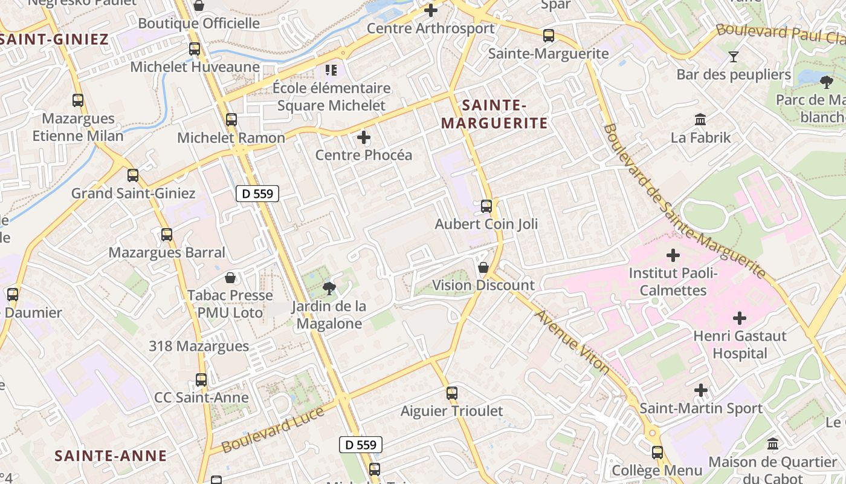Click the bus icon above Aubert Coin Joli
[486, 206]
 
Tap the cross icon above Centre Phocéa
[364, 137]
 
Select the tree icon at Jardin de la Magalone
[329, 289]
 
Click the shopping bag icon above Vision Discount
[483, 267]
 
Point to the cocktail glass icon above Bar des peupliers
[734, 57]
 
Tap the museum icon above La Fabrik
[701, 119]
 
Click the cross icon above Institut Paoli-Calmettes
[673, 255]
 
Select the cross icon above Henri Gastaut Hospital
[740, 318]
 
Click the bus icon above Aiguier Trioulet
[452, 393]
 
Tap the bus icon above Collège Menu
[657, 453]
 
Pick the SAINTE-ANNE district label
[111, 456]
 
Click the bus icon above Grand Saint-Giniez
[133, 175]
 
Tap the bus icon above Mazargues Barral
[167, 235]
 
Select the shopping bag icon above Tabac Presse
[230, 278]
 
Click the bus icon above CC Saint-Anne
[201, 380]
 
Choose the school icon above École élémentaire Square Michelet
[331, 70]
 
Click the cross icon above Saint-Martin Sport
[701, 390]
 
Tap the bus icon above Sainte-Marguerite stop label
[549, 36]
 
